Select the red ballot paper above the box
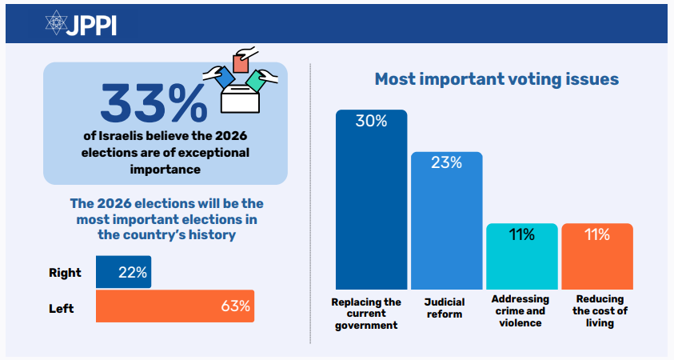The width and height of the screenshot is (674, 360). click(x=238, y=63)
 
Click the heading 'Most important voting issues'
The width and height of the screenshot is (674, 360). click(x=496, y=80)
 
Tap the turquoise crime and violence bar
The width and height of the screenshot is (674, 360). click(x=521, y=256)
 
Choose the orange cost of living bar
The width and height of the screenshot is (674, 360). click(x=596, y=256)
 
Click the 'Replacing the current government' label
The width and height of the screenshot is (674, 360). click(x=366, y=314)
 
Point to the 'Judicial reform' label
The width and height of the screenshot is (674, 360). click(x=444, y=308)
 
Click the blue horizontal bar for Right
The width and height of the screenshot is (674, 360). click(x=123, y=272)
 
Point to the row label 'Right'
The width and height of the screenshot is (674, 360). click(x=65, y=273)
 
